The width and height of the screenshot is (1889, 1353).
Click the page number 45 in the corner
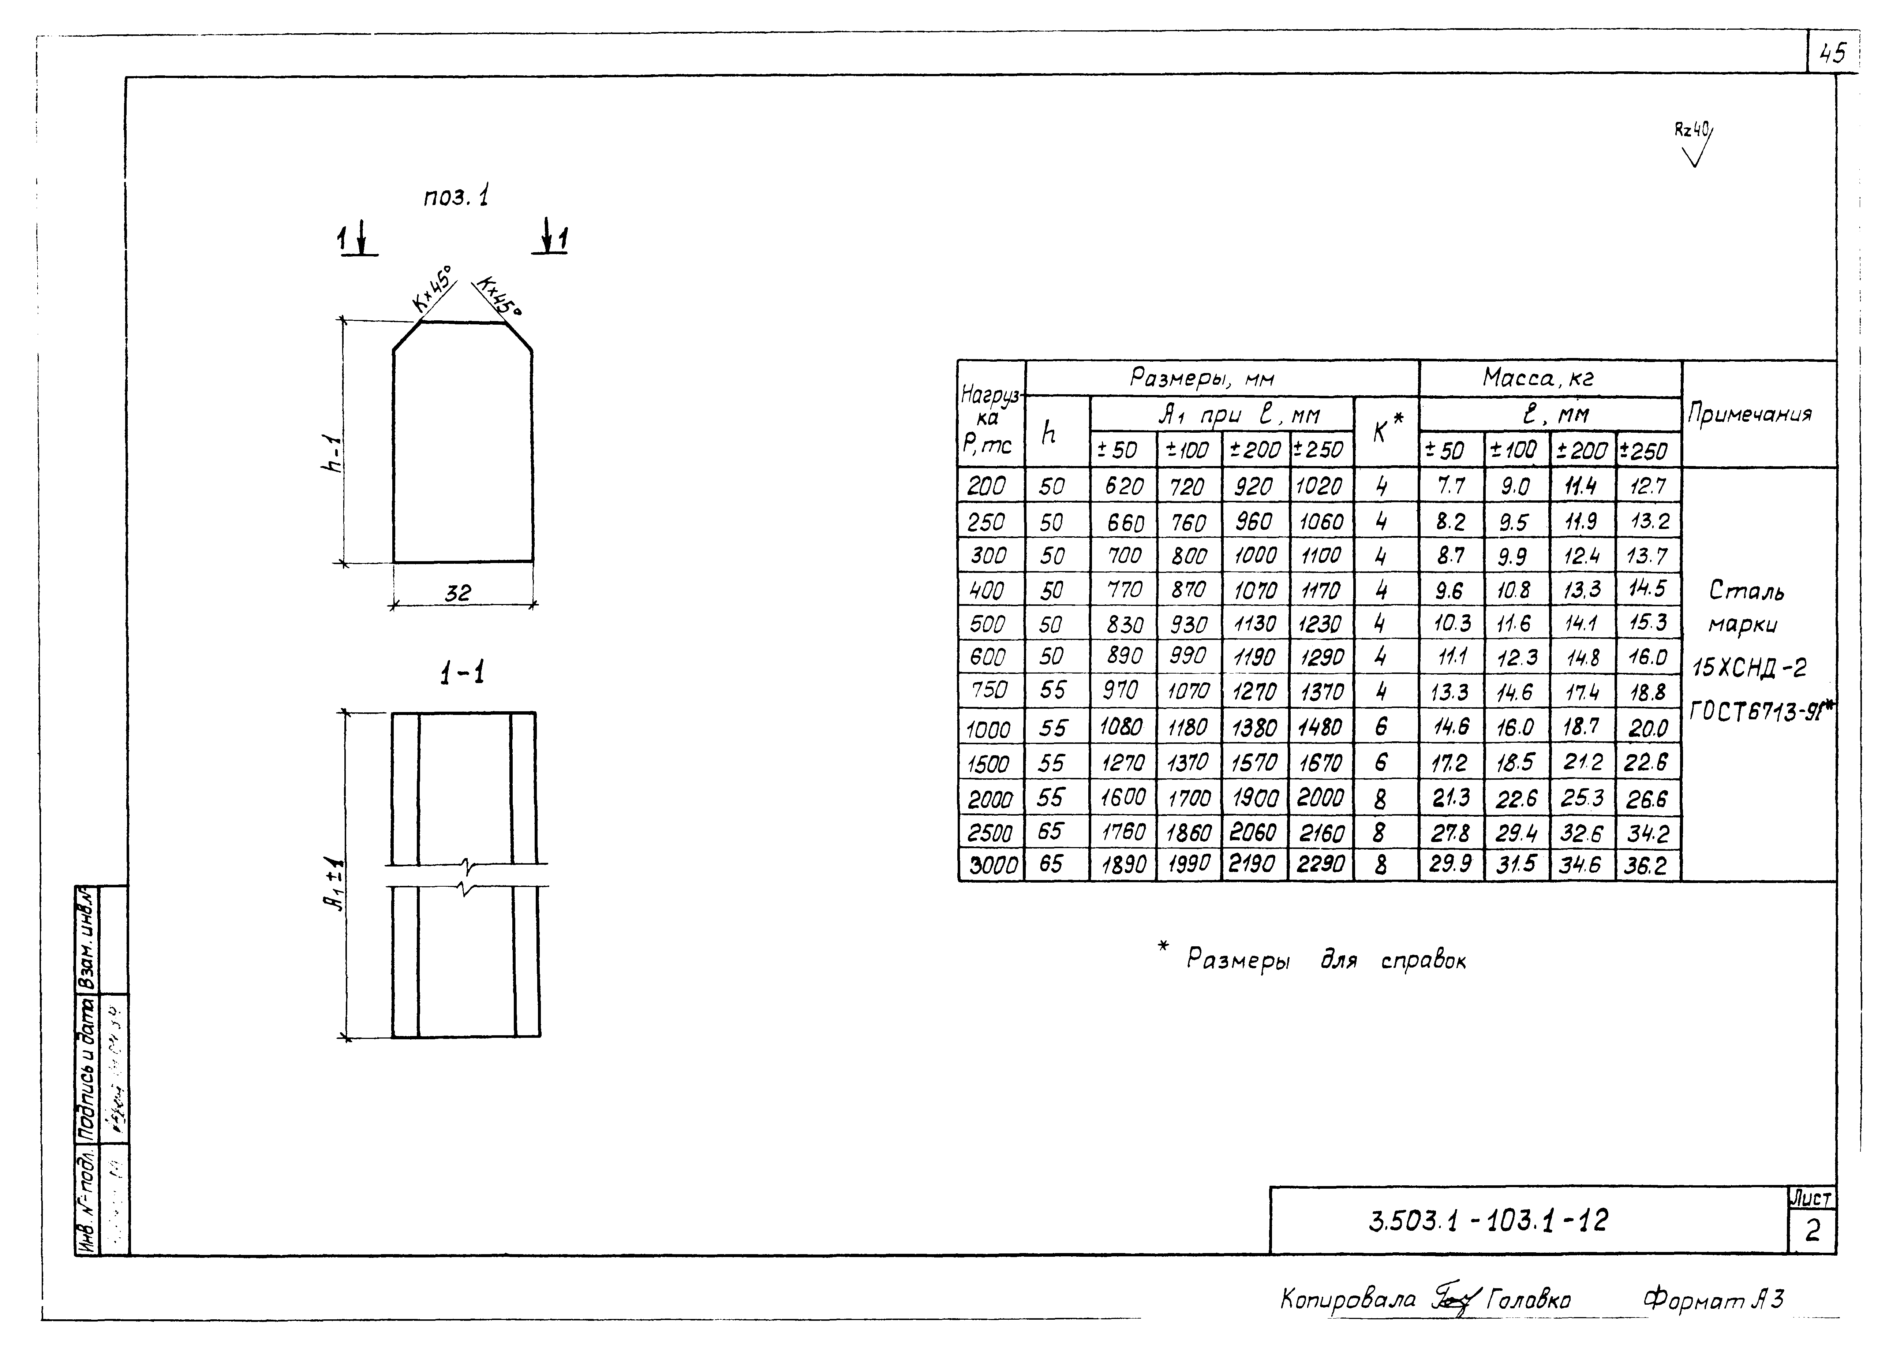point(1832,54)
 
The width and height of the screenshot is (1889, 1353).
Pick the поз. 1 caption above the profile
point(456,197)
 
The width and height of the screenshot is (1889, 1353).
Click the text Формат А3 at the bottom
point(1713,1299)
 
